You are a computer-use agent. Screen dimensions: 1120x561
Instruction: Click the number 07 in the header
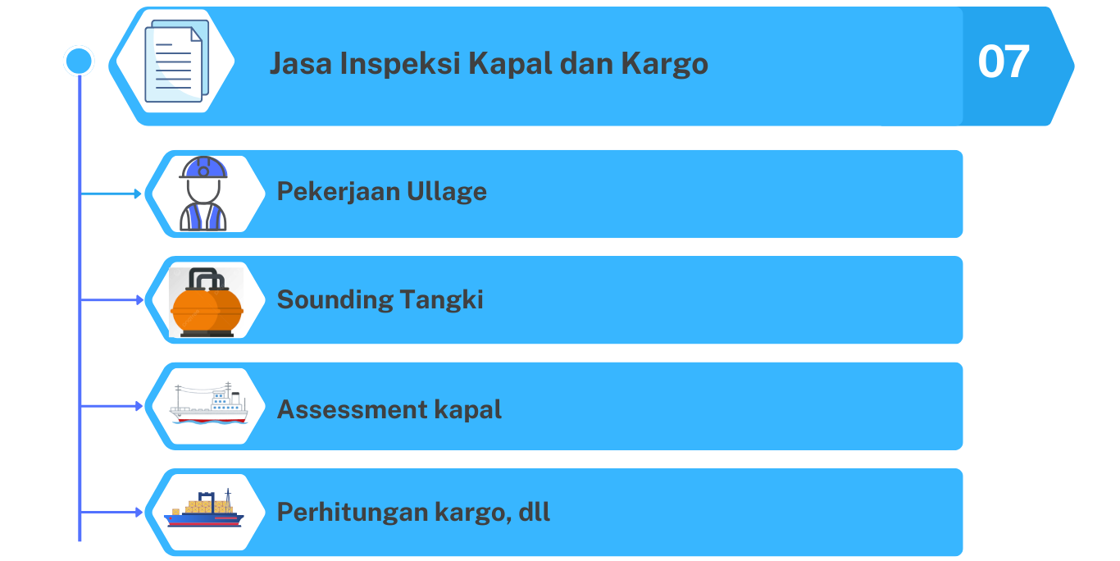(1003, 62)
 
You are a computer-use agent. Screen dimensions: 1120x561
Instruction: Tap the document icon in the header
(176, 61)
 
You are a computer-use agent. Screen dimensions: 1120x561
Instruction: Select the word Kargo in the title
(664, 64)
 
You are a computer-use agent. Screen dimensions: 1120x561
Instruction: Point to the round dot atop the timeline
(79, 61)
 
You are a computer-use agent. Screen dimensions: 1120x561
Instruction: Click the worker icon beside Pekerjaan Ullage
(203, 194)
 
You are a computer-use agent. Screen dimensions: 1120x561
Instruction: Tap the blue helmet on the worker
(203, 167)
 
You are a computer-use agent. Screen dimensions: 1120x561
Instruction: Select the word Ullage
(447, 192)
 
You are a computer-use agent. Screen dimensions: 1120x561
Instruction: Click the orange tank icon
(207, 302)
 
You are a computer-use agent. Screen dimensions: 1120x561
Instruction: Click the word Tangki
(441, 300)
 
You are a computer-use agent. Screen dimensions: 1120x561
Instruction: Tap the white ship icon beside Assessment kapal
(209, 404)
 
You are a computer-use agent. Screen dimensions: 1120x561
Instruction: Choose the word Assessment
(352, 409)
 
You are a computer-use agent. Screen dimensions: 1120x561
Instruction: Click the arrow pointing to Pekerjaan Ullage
(111, 194)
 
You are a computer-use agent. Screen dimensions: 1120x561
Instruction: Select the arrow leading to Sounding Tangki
(111, 299)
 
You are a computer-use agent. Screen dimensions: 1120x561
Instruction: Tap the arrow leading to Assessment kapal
(111, 406)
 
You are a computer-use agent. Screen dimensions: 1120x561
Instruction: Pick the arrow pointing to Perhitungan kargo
(111, 512)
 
